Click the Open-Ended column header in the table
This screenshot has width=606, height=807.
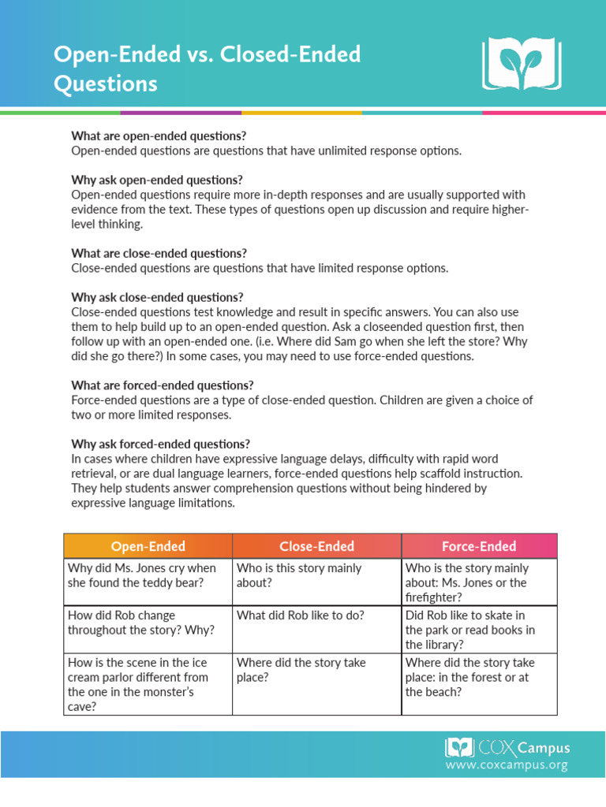coord(148,546)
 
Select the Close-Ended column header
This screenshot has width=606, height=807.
coord(316,546)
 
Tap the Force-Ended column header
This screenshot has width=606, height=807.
coord(479,546)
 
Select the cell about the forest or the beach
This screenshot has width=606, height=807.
coord(479,677)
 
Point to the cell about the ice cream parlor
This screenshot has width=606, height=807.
coord(148,684)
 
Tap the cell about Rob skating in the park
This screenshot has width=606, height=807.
coord(479,629)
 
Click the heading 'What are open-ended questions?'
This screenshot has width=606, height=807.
coord(159,136)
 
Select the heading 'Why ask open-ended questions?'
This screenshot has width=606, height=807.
coord(157,180)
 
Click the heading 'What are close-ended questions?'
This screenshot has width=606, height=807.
coord(159,253)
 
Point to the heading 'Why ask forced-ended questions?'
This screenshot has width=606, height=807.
coord(160,444)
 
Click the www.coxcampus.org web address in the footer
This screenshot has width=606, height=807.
coord(506,765)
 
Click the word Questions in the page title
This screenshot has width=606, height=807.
coord(105,84)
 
